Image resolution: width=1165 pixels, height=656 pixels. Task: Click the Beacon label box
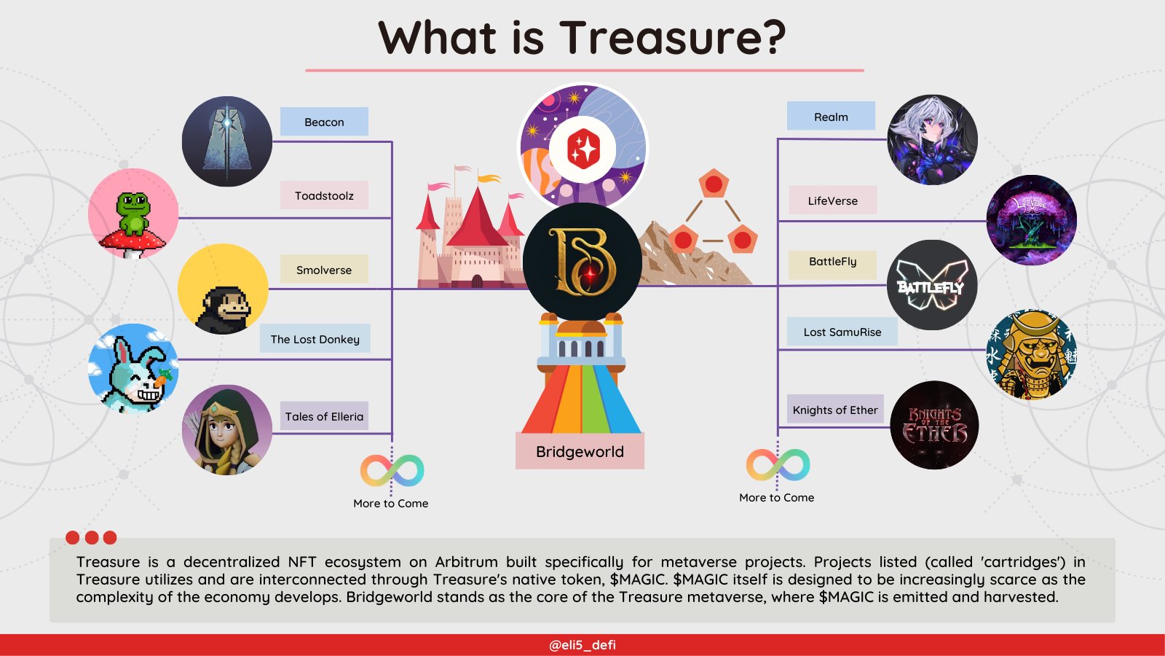tap(324, 122)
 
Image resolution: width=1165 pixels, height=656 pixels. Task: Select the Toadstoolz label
tap(324, 195)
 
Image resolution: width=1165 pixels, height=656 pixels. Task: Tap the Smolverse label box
tap(324, 270)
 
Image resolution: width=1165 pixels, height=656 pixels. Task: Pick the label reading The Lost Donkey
tap(315, 339)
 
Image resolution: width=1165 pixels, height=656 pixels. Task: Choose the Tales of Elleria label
tap(324, 416)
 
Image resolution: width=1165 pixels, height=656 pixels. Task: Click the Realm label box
tap(831, 117)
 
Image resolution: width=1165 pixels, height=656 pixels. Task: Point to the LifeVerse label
tap(832, 200)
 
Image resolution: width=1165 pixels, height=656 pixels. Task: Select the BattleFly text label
tap(832, 262)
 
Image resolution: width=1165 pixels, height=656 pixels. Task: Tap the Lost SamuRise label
tap(842, 332)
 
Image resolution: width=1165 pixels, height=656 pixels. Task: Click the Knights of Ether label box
tap(835, 410)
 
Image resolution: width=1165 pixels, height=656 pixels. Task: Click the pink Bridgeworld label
tap(580, 451)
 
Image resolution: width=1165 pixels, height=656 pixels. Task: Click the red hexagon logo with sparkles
tap(583, 149)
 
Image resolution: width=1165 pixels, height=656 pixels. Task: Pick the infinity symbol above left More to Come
tap(392, 470)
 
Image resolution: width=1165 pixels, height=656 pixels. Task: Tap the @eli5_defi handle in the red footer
tap(582, 645)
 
